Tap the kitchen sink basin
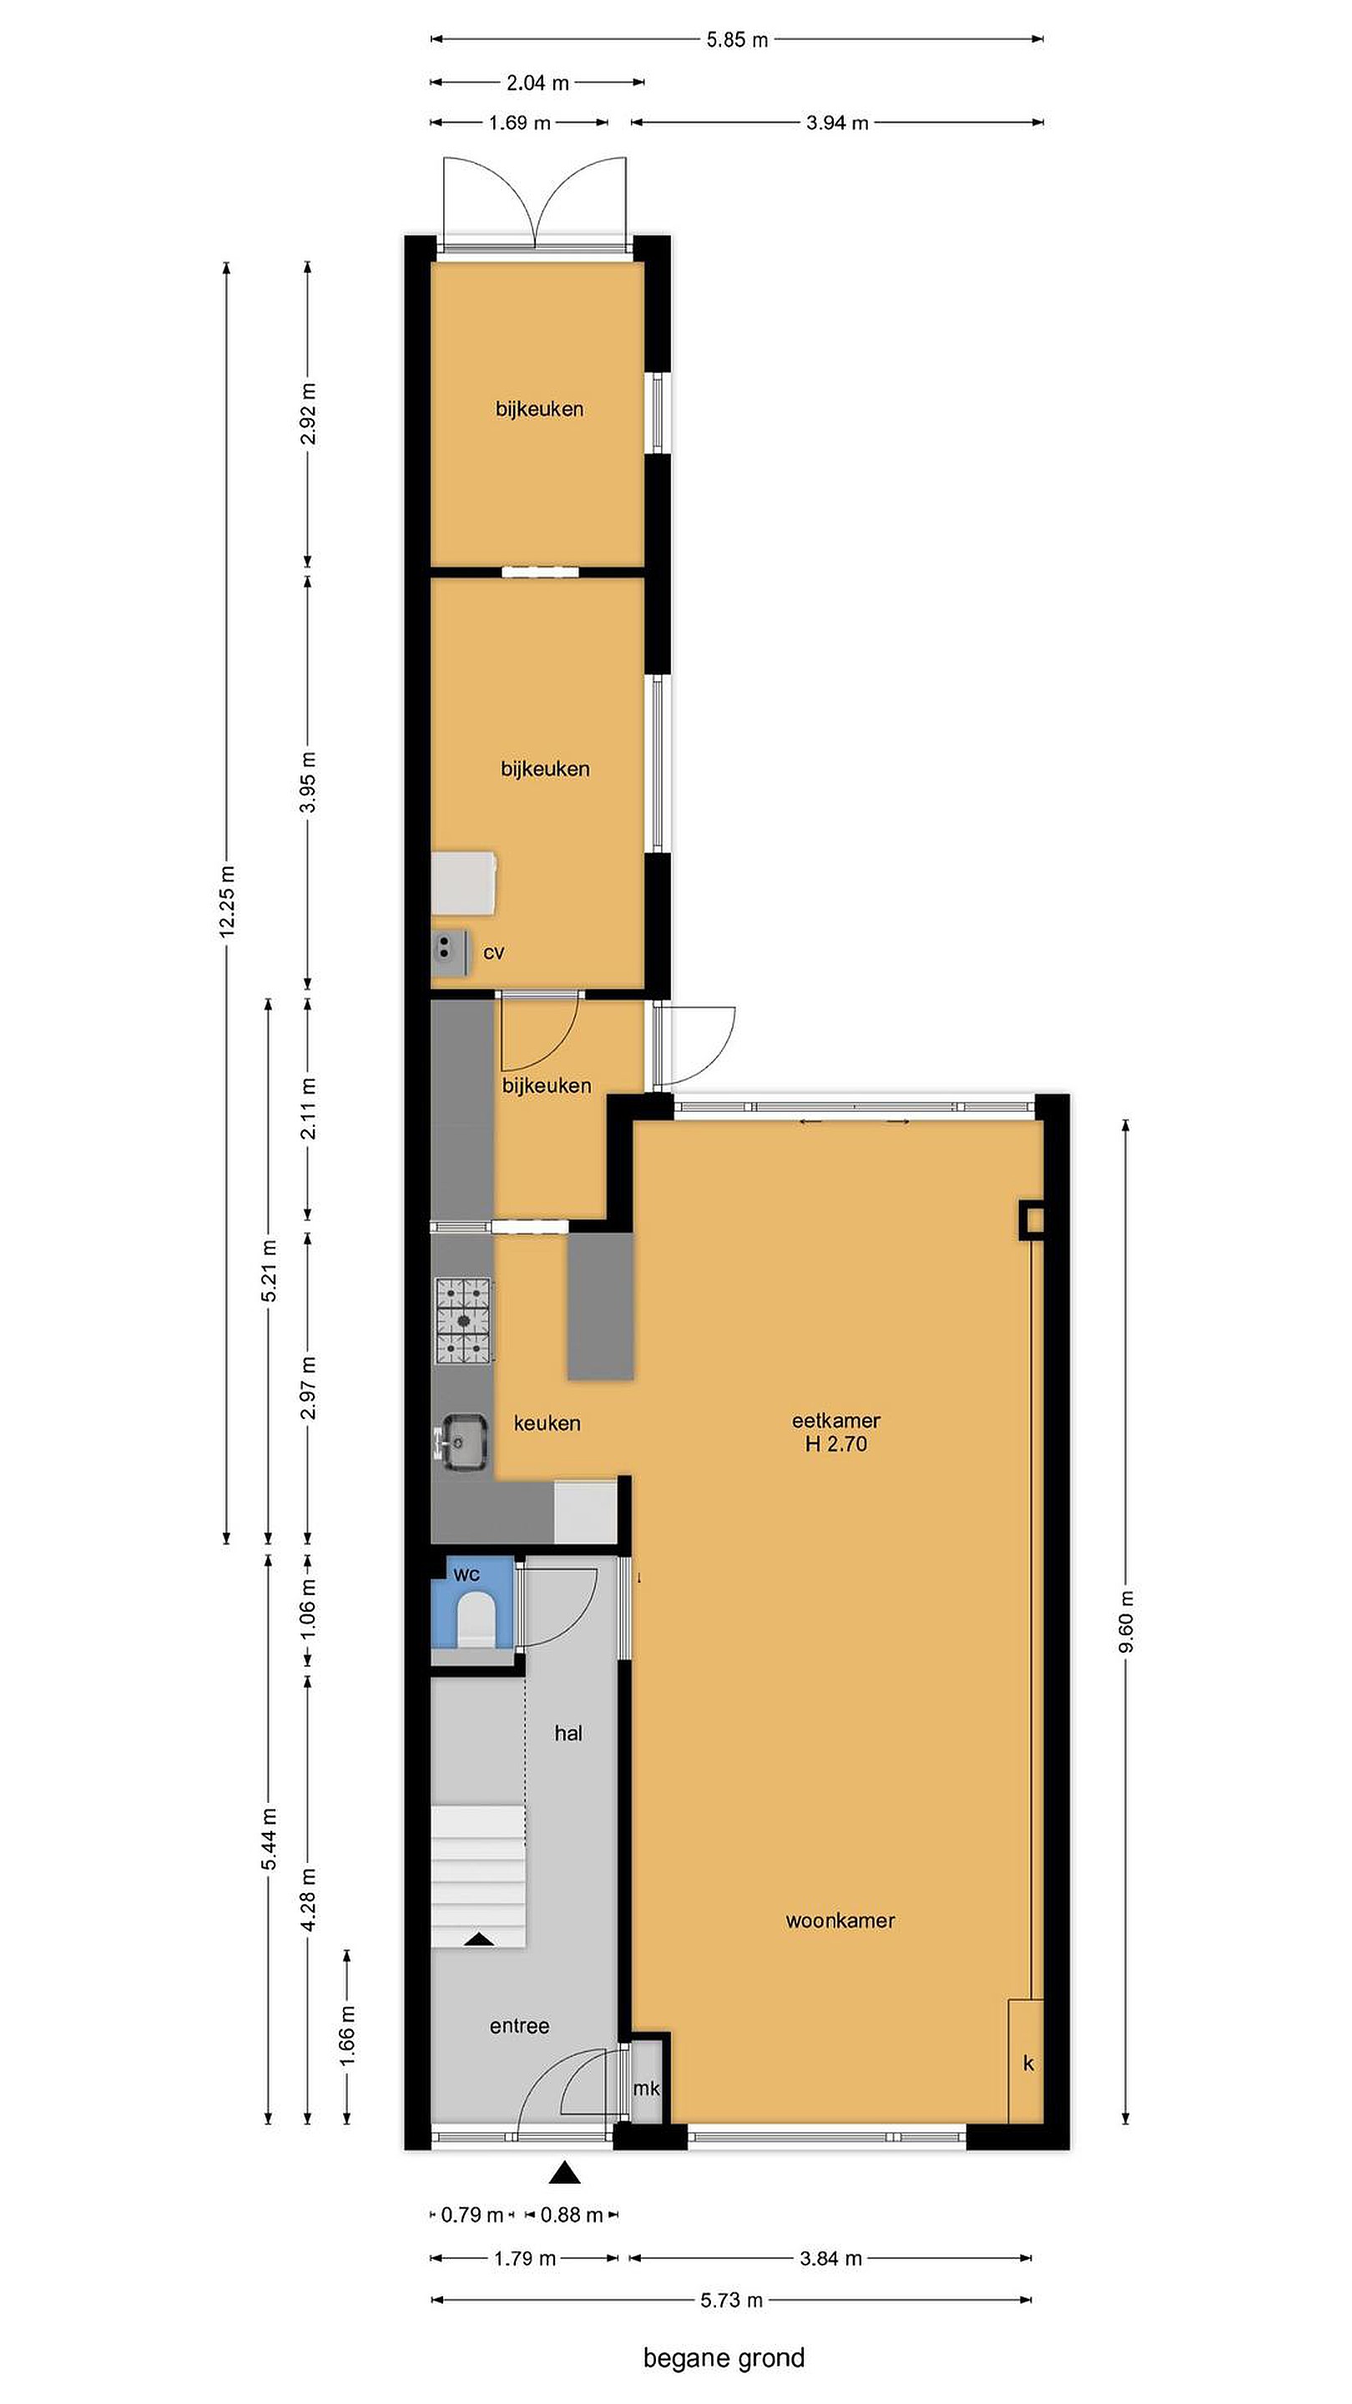click(465, 1442)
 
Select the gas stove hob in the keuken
click(464, 1320)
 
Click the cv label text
click(493, 952)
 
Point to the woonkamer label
click(840, 1921)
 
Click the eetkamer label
click(836, 1421)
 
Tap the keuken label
click(547, 1423)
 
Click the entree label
click(519, 2026)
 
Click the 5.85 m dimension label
click(737, 39)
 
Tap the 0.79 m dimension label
click(472, 2215)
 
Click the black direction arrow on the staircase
click(480, 1938)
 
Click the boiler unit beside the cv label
click(451, 952)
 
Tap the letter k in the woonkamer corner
click(1028, 2063)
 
